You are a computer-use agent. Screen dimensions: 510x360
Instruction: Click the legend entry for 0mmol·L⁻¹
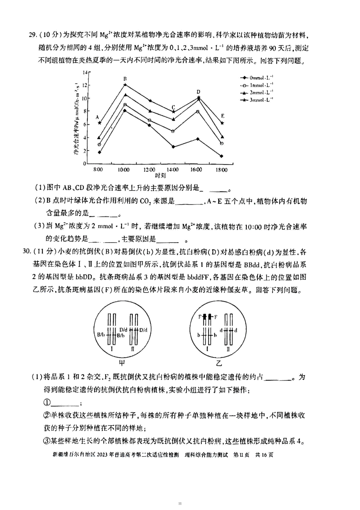point(257,78)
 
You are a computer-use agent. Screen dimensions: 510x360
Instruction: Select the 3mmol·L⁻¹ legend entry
point(257,100)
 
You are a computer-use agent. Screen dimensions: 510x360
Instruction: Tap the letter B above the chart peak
point(125,79)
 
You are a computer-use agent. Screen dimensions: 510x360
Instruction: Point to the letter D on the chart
point(198,92)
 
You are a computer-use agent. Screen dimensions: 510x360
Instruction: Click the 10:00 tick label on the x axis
point(123,170)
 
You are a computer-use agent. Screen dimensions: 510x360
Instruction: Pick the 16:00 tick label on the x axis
point(196,170)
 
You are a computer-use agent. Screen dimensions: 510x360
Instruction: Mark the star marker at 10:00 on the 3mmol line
point(125,85)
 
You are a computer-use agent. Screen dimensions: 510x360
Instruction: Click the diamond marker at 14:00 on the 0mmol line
point(173,147)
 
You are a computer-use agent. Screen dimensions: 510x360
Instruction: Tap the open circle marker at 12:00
point(149,120)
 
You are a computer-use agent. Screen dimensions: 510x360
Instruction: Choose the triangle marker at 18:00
point(222,137)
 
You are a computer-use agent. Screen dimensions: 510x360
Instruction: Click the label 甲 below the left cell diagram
point(122,363)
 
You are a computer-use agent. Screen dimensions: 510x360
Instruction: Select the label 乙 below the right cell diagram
point(219,363)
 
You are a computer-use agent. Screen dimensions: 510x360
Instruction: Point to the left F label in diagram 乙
point(200,317)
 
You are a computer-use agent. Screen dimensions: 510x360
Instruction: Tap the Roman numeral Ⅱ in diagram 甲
point(133,349)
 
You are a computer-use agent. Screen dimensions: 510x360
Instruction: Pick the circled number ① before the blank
point(47,403)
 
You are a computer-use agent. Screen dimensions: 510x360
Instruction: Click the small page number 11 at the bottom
point(180,503)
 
